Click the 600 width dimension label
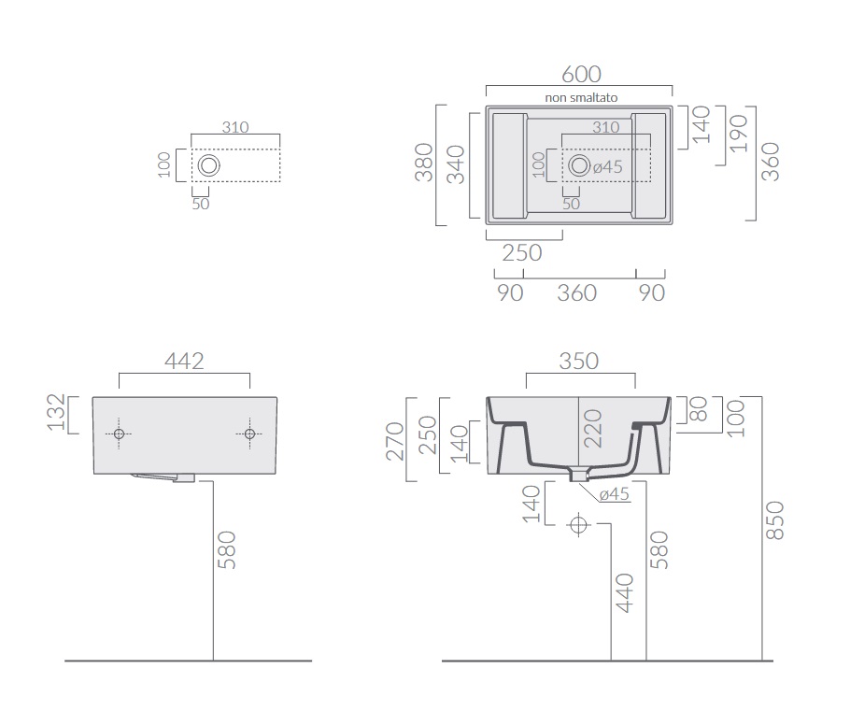(581, 75)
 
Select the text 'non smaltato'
(581, 97)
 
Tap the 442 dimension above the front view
(184, 362)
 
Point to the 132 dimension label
(56, 412)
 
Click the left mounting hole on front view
(120, 434)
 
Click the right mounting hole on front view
(249, 434)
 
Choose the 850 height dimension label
(775, 520)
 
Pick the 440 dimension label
(625, 592)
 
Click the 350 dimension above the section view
(579, 362)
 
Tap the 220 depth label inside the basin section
(592, 429)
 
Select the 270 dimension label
(395, 441)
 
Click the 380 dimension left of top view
(424, 163)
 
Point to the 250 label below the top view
(522, 253)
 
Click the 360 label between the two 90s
(577, 292)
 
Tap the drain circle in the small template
(208, 165)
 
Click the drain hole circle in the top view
(579, 165)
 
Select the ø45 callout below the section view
(615, 494)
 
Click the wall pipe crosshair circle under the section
(578, 525)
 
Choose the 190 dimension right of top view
(739, 134)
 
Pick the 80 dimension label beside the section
(700, 409)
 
